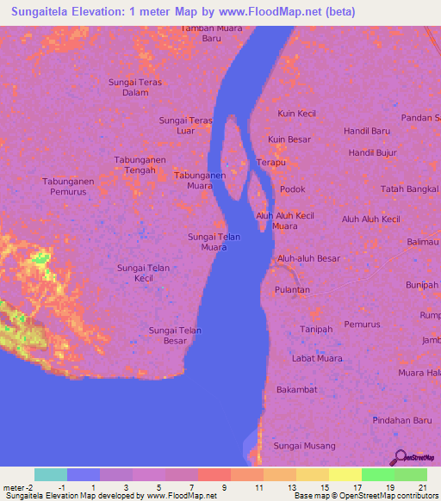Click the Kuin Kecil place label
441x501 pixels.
pyautogui.click(x=296, y=114)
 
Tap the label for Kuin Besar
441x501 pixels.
pyautogui.click(x=289, y=139)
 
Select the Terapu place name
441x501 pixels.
pyautogui.click(x=271, y=162)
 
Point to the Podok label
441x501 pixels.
pyautogui.click(x=293, y=189)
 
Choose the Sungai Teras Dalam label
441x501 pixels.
pyautogui.click(x=135, y=87)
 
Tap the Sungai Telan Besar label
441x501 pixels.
pyautogui.click(x=175, y=335)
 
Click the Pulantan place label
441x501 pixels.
pyautogui.click(x=292, y=290)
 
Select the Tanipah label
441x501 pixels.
pyautogui.click(x=316, y=330)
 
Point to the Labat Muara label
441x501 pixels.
pyautogui.click(x=317, y=358)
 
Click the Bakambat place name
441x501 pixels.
pyautogui.click(x=296, y=390)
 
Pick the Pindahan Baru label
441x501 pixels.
pyautogui.click(x=401, y=419)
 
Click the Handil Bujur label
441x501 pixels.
pyautogui.click(x=372, y=152)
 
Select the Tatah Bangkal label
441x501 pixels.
pyautogui.click(x=410, y=189)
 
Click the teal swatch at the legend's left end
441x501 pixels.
pyautogui.click(x=50, y=474)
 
